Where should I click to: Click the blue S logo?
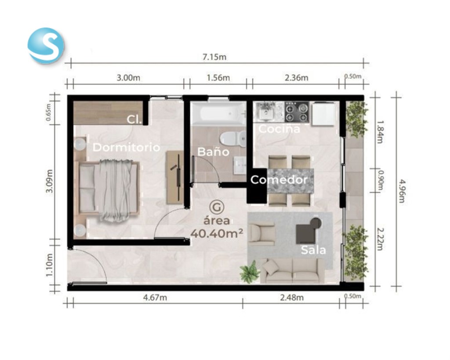46,45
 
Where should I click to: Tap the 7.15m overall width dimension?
214,57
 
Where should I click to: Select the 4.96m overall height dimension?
402,191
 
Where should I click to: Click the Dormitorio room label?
126,147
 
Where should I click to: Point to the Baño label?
213,152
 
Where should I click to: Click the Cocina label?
279,129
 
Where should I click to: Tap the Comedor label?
279,180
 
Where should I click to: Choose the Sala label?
313,250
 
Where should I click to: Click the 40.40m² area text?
217,234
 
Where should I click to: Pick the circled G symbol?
217,207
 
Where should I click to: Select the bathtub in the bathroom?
219,113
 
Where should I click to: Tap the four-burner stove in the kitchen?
297,112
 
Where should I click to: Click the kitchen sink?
265,112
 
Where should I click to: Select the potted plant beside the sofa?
250,272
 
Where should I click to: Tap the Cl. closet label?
134,120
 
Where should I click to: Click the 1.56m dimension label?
218,78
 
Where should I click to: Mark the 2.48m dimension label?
292,298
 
